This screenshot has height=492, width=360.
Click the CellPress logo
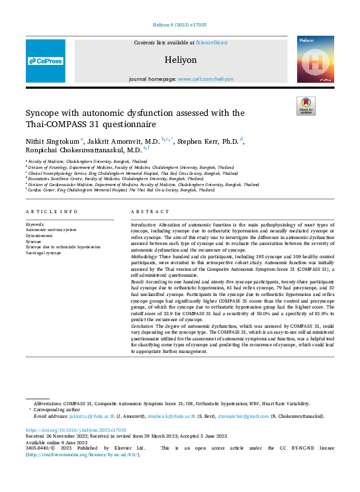pyautogui.click(x=46, y=61)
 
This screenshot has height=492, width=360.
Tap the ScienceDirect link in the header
pyautogui.click(x=211, y=42)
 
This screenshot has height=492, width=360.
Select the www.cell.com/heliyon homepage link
pyautogui.click(x=205, y=78)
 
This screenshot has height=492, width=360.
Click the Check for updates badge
pyautogui.click(x=306, y=106)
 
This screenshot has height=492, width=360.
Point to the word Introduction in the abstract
pyautogui.click(x=144, y=224)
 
